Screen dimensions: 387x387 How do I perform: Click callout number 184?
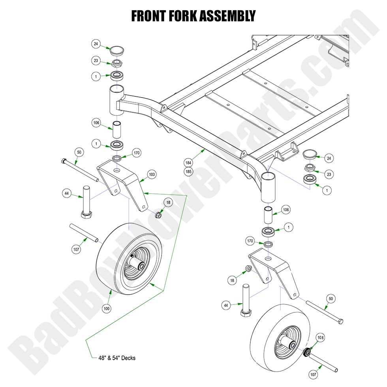click(188, 162)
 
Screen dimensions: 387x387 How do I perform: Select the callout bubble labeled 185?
click(188, 171)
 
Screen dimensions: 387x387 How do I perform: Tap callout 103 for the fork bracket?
click(151, 174)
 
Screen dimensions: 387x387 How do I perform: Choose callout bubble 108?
click(320, 338)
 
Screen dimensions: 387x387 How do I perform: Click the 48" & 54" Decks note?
click(116, 358)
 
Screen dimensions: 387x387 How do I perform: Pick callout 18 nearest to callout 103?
click(168, 202)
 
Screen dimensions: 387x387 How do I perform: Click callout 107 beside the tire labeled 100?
click(76, 249)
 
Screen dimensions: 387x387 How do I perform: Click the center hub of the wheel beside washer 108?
click(291, 345)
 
